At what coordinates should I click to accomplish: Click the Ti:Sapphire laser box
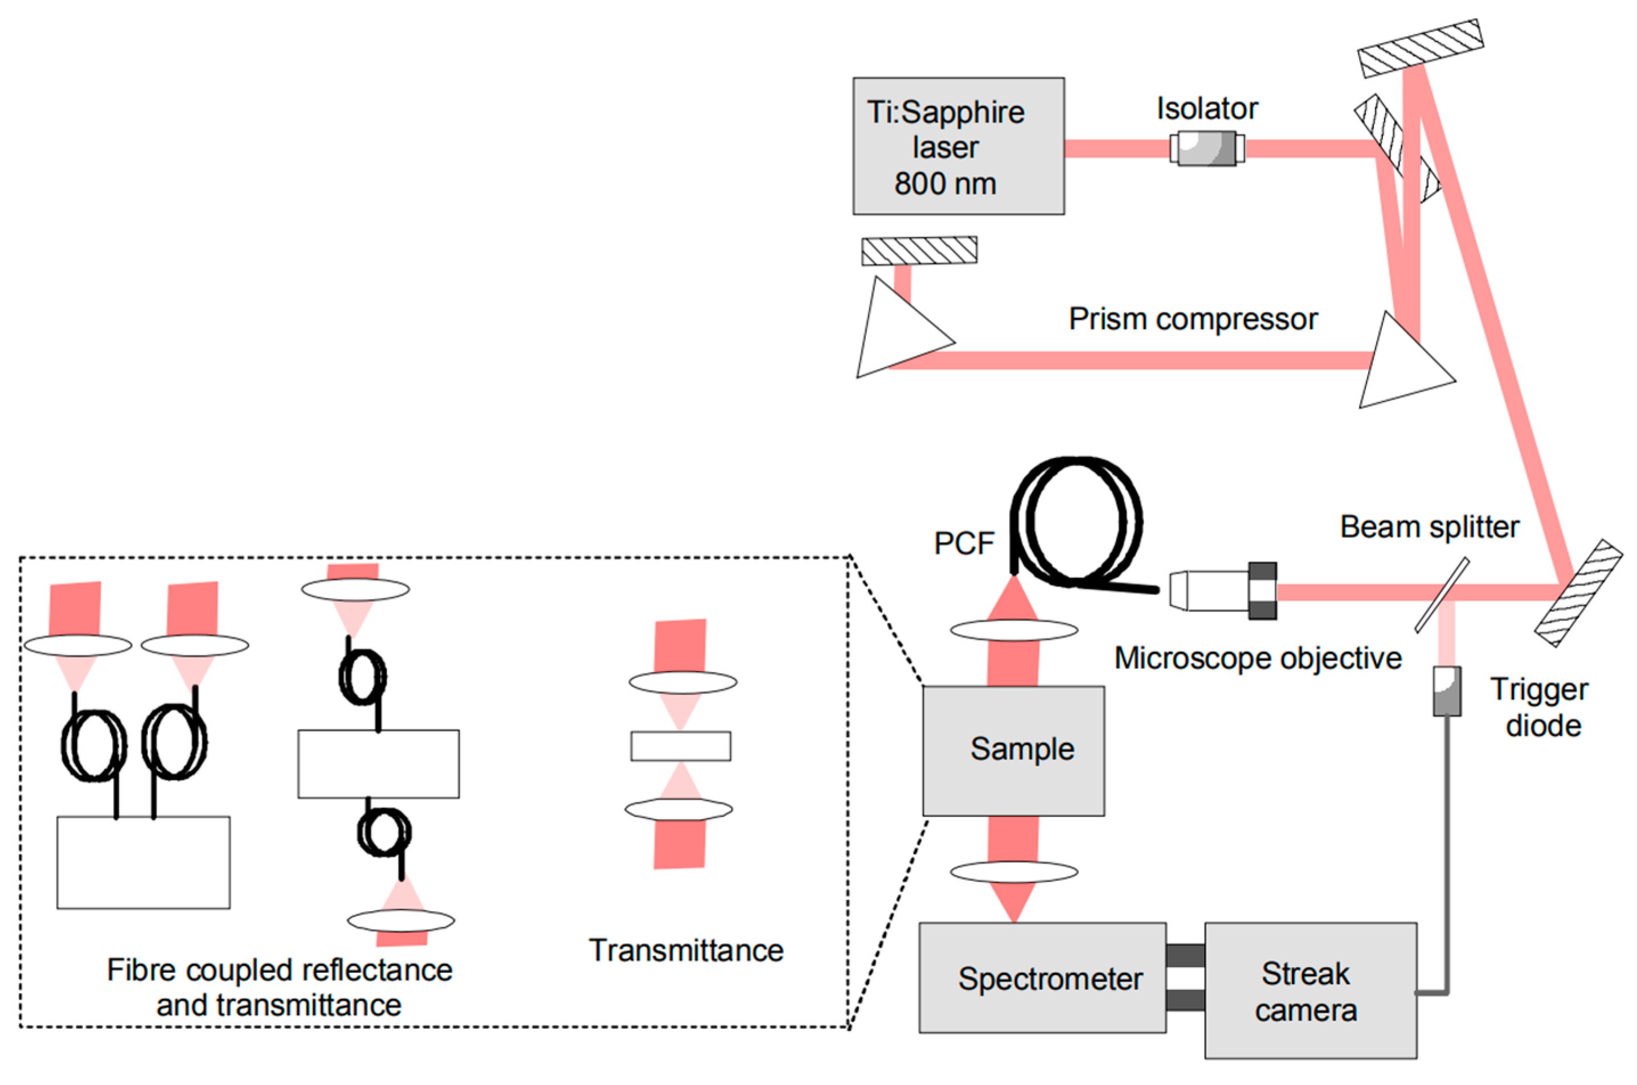point(958,146)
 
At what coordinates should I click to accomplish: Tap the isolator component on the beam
point(1207,148)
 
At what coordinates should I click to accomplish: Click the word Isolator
point(1207,109)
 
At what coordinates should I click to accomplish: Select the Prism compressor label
point(1193,319)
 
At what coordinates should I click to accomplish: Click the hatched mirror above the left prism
point(919,251)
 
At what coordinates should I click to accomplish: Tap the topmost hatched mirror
point(1421,48)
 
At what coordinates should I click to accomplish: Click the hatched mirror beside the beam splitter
point(1578,593)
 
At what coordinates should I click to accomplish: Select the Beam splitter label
point(1429,527)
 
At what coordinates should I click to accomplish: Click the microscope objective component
point(1223,590)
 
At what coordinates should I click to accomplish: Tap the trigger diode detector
point(1447,691)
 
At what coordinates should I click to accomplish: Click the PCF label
point(964,543)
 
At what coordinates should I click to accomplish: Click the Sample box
point(1013,751)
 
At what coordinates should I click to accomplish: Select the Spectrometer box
point(1042,978)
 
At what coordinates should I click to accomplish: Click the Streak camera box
point(1310,990)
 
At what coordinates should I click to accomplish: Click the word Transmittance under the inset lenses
point(686,951)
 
